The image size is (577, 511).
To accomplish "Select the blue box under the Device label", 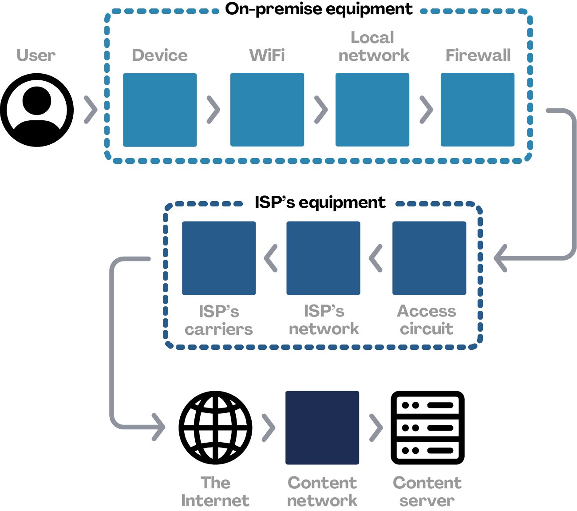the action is coord(160,110).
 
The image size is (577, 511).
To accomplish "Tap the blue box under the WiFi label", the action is coord(267,110).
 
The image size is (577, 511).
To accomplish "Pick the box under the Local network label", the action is coord(372,110).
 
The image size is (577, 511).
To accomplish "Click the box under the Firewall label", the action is coord(478,110).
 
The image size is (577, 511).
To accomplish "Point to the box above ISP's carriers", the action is coord(219,258).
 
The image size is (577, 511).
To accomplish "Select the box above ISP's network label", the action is coord(323,258).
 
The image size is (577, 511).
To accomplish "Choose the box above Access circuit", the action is coord(429,258).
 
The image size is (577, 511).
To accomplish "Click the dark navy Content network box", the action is coord(322,428).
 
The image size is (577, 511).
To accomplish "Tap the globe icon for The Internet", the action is coord(215,428).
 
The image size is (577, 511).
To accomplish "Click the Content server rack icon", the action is coord(427,428).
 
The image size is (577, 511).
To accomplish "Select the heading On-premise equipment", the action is coord(319,9).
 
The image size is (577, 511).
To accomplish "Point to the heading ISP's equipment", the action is coord(320,202).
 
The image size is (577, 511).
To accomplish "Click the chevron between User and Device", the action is coord(91,110).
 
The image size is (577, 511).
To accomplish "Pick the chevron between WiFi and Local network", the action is coord(321,110).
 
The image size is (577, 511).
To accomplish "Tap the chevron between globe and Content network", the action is coord(268,428).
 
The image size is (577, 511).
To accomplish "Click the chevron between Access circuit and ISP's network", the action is coord(375,258).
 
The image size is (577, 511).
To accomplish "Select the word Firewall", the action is coord(478,55).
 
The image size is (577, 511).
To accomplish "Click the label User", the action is coord(36,55).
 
